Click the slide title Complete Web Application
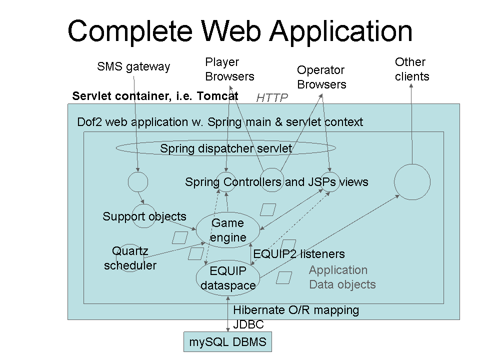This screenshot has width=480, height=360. tap(240, 31)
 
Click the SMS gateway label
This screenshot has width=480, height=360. tap(133, 66)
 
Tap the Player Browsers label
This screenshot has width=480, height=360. tap(229, 69)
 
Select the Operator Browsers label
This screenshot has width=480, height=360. tap(321, 77)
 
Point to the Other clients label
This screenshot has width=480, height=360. tap(411, 69)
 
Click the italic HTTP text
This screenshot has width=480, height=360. tap(272, 98)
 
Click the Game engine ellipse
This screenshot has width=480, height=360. tap(228, 230)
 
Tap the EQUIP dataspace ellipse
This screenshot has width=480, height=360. tap(228, 278)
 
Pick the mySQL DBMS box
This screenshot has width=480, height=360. tap(227, 343)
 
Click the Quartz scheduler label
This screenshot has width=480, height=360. tap(130, 258)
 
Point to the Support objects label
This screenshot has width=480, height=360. tap(144, 216)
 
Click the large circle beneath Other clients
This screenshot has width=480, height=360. tap(412, 182)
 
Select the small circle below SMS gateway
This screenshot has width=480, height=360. tap(138, 182)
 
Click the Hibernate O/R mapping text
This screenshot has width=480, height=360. tap(296, 310)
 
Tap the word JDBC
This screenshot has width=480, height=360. tap(248, 324)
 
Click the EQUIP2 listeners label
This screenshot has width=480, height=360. tap(298, 254)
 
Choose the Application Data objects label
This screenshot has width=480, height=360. tap(342, 277)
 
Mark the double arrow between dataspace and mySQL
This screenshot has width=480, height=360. tap(228, 313)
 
